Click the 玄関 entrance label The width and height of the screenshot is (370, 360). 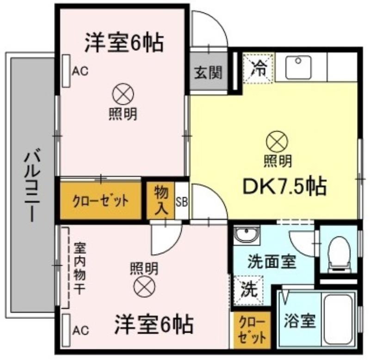209,73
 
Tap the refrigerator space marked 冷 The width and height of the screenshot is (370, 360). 259,68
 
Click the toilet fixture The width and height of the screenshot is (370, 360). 339,253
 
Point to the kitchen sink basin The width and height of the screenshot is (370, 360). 298,67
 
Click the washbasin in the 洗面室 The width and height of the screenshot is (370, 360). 247,235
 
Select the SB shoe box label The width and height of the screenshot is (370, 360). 182,202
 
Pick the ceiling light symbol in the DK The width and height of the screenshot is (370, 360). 277,141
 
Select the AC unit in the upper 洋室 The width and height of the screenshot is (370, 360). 67,71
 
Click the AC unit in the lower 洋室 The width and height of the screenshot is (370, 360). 67,330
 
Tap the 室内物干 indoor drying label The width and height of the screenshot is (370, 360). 79,268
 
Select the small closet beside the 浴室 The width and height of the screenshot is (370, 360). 252,330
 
